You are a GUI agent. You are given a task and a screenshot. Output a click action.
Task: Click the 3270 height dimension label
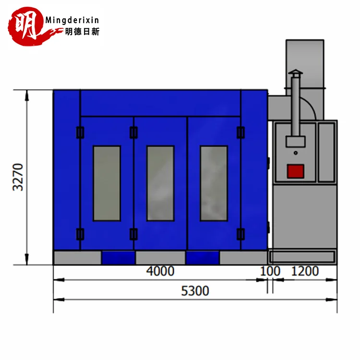18,177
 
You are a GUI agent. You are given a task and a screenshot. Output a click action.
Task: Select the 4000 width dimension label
160,271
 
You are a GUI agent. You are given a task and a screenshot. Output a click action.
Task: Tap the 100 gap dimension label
270,271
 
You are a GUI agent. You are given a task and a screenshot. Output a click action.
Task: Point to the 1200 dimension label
305,271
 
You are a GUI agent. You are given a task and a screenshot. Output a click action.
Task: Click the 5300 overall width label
195,291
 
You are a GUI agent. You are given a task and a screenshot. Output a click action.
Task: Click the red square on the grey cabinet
296,171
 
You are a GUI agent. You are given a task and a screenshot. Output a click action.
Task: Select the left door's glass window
107,183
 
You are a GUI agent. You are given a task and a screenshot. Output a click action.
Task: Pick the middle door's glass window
160,183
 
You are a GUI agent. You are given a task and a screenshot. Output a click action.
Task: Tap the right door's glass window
214,183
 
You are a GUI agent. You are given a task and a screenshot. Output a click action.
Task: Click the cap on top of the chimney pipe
296,73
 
